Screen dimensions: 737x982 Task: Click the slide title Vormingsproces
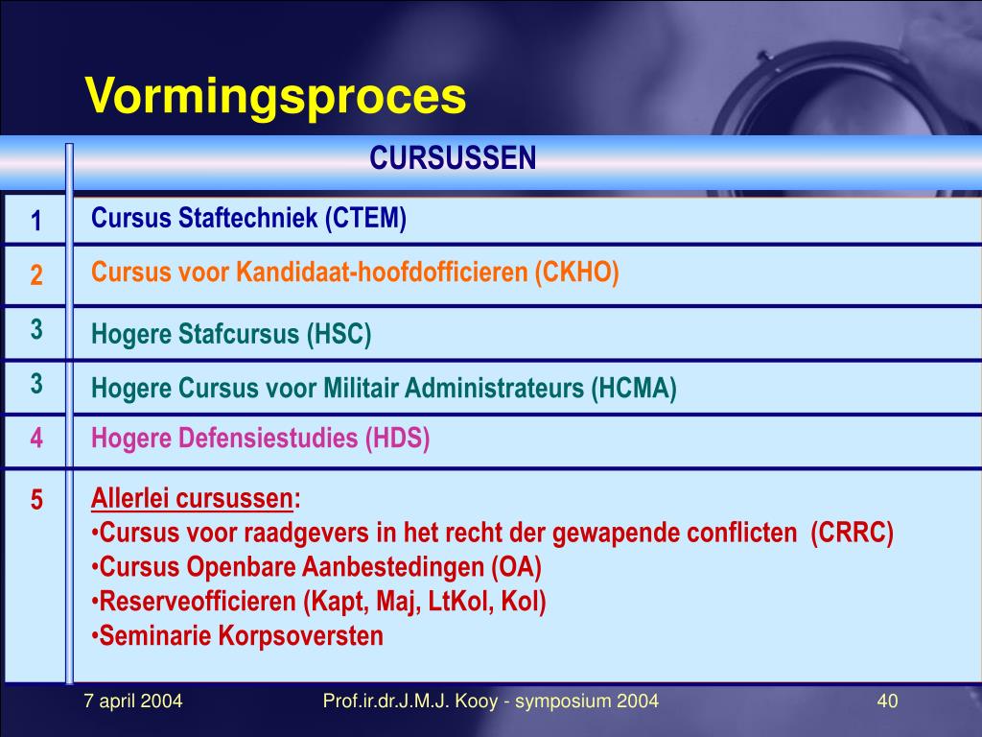pos(275,98)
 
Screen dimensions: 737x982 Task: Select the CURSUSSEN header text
pos(453,158)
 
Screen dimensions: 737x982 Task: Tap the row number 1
pos(35,222)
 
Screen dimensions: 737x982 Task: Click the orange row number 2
pos(35,276)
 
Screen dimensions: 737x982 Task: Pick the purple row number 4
pos(35,440)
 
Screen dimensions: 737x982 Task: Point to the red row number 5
pos(35,500)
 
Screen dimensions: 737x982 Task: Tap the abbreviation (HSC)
pos(339,335)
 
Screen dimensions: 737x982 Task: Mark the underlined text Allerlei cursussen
pos(192,500)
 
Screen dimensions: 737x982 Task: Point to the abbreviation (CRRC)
pos(852,534)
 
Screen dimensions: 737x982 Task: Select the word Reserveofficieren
pos(199,602)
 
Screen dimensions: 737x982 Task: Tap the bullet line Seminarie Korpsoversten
pos(241,635)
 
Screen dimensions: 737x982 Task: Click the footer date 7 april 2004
pos(133,701)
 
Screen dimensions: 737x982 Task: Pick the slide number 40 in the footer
pos(887,701)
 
